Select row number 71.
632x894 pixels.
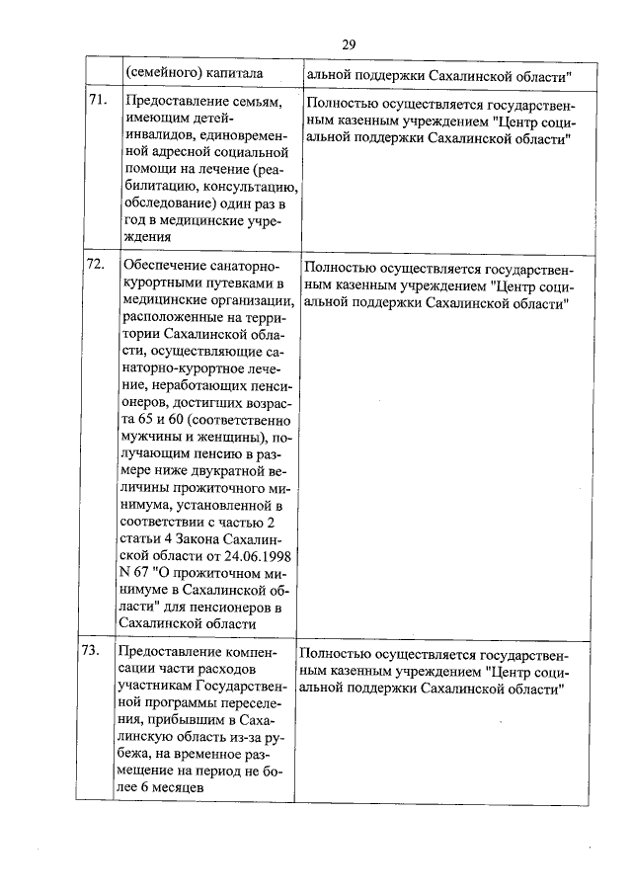point(97,101)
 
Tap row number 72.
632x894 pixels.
point(97,265)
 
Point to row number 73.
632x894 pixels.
point(97,651)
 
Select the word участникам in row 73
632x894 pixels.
point(154,687)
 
